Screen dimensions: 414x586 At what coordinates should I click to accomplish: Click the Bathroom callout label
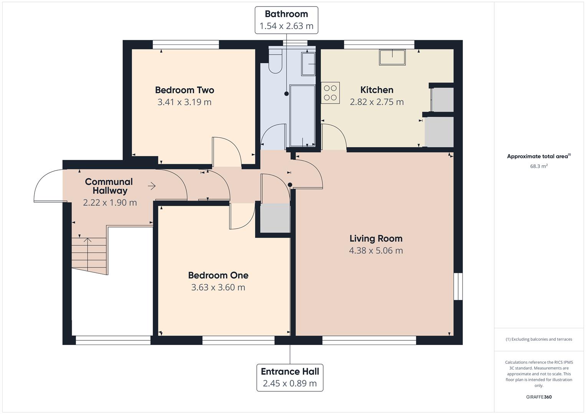286,20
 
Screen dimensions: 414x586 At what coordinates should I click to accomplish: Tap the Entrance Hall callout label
290,377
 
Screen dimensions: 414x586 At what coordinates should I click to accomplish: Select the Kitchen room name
376,90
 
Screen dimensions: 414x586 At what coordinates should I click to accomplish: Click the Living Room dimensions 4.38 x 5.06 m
376,251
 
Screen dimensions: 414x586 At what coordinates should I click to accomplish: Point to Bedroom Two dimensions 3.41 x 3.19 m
184,102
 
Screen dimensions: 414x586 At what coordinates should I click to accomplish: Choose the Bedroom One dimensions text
218,287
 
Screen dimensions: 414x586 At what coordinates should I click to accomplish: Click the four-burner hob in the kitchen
330,93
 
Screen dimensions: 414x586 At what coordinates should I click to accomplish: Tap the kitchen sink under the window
392,58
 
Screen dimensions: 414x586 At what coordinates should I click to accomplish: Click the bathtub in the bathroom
302,116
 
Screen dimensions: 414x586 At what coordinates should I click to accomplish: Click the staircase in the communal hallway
89,253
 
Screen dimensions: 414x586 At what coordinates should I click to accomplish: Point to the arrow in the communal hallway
152,186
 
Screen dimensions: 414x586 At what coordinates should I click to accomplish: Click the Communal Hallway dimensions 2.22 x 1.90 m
110,203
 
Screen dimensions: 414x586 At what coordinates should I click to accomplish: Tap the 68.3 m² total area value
538,166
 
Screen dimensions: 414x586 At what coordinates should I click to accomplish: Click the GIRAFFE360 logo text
538,397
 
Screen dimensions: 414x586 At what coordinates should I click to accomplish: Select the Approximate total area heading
538,156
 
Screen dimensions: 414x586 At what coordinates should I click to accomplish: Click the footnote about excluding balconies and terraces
538,339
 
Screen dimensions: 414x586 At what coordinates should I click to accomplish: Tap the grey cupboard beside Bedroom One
275,218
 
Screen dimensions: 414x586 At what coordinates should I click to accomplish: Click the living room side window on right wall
458,286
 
